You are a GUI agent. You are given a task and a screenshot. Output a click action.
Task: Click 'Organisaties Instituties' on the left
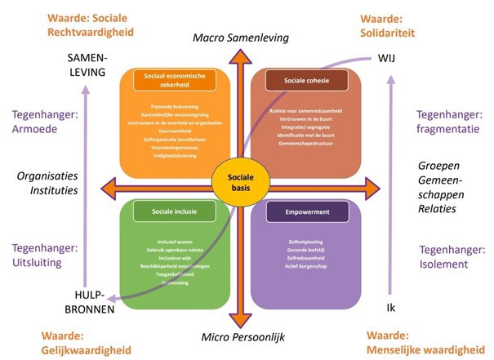pos(52,182)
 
